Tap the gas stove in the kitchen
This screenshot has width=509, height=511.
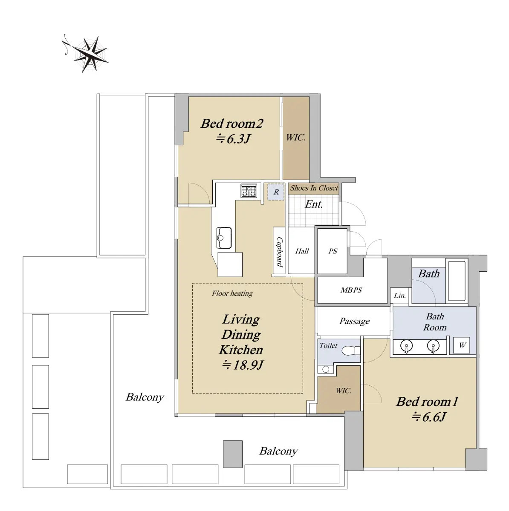coord(249,191)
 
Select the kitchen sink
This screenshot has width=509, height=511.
coord(224,238)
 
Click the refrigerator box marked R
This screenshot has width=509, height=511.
coord(276,192)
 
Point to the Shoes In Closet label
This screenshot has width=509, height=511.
coord(314,188)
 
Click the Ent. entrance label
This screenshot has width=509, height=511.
coord(314,204)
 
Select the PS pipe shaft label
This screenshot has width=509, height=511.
coord(333,251)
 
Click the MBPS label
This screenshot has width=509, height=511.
coord(351,290)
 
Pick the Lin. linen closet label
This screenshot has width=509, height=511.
coord(400,296)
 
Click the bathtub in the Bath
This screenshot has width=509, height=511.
coord(457,281)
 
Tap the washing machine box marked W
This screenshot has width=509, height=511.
coord(462,345)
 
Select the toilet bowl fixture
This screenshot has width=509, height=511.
coord(350,350)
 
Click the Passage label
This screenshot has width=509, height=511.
coord(354,322)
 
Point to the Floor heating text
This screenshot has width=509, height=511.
coord(232,293)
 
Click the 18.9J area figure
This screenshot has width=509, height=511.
coord(243,365)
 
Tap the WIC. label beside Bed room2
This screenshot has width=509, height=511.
coord(295,138)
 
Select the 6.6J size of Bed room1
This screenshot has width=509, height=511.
coord(428,417)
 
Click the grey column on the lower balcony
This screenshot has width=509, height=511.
coord(233,454)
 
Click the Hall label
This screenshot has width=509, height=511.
coord(302,251)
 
